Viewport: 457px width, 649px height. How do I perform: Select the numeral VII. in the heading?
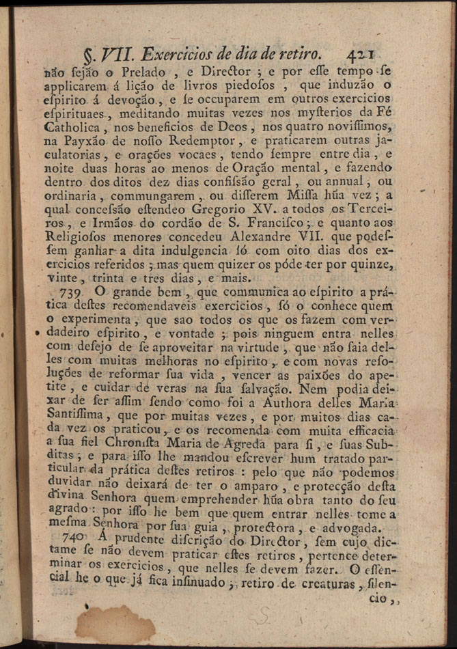coord(116,55)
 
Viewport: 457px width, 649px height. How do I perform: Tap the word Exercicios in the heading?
coord(180,55)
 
